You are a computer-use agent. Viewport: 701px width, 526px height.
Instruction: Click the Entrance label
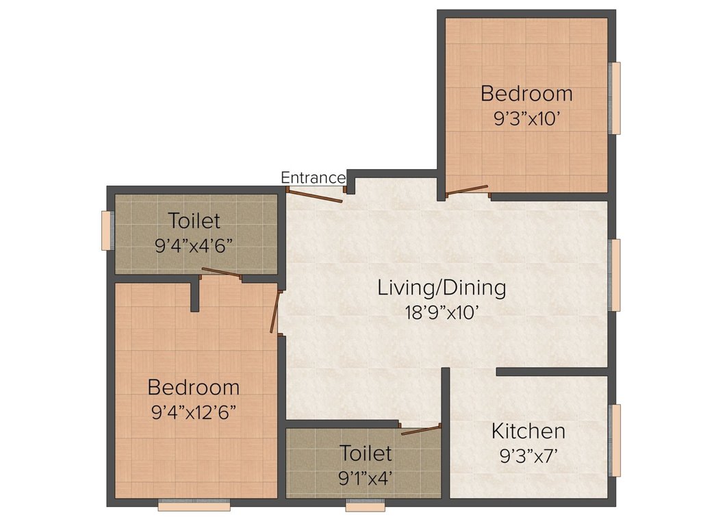point(313,178)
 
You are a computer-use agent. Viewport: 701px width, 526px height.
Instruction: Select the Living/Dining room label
point(442,288)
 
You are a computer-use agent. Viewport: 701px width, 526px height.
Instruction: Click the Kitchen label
point(528,431)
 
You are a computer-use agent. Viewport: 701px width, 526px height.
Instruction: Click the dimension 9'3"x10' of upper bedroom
point(526,117)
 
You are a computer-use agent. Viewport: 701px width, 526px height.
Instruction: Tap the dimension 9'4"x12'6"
point(194,412)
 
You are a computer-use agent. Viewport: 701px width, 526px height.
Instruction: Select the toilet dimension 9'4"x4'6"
point(194,246)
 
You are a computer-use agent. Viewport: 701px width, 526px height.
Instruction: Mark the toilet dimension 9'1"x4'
point(366,477)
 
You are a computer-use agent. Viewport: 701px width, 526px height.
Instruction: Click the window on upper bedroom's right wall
point(615,98)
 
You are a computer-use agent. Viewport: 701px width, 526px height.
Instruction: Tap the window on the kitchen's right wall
point(615,440)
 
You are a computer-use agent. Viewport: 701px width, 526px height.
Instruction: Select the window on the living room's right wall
point(615,275)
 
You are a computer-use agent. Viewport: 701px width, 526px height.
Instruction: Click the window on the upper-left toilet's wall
point(106,231)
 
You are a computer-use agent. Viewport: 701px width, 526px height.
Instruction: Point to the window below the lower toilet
point(365,506)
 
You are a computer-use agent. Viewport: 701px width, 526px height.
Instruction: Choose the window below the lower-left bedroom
point(194,506)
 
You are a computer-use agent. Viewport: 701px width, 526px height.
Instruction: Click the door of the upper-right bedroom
point(467,190)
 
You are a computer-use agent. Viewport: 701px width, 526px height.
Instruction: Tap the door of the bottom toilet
point(420,429)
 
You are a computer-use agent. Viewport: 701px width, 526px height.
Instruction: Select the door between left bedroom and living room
point(276,312)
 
